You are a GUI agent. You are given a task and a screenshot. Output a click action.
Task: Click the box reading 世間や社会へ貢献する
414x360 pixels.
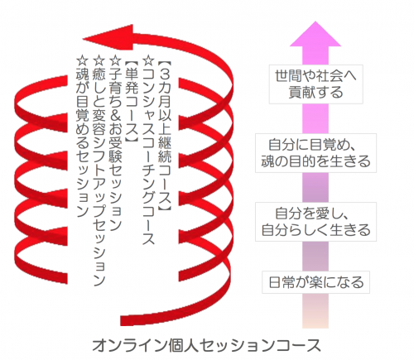(x=315, y=84)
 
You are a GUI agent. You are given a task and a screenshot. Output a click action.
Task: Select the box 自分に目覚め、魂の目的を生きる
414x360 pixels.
(x=315, y=153)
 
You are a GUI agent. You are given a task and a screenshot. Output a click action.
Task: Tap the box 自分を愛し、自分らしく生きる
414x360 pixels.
(x=315, y=222)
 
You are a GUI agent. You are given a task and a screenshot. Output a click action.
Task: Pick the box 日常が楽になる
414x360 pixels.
(x=315, y=282)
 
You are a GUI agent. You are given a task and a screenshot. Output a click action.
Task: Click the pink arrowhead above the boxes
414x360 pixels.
(x=315, y=34)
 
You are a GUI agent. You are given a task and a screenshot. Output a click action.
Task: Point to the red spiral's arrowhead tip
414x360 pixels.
(x=83, y=39)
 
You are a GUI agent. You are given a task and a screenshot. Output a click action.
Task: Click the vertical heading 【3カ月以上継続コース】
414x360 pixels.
(x=165, y=136)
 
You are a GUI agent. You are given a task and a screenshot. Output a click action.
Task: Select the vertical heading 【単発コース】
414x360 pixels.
(x=132, y=102)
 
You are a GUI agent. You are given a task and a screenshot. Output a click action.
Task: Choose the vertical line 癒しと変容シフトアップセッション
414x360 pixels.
(x=99, y=177)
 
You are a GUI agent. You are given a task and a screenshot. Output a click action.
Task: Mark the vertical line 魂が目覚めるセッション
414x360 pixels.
(x=82, y=142)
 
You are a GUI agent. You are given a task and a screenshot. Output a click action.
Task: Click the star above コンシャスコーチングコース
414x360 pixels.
(x=148, y=60)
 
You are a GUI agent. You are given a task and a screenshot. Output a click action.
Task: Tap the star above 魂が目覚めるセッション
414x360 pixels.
(x=82, y=60)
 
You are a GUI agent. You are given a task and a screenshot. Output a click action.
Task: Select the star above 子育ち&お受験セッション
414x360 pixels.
(x=115, y=60)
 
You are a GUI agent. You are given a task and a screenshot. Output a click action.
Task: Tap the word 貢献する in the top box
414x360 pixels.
(x=315, y=93)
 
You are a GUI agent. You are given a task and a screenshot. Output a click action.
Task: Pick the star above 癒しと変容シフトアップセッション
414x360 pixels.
(x=99, y=60)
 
